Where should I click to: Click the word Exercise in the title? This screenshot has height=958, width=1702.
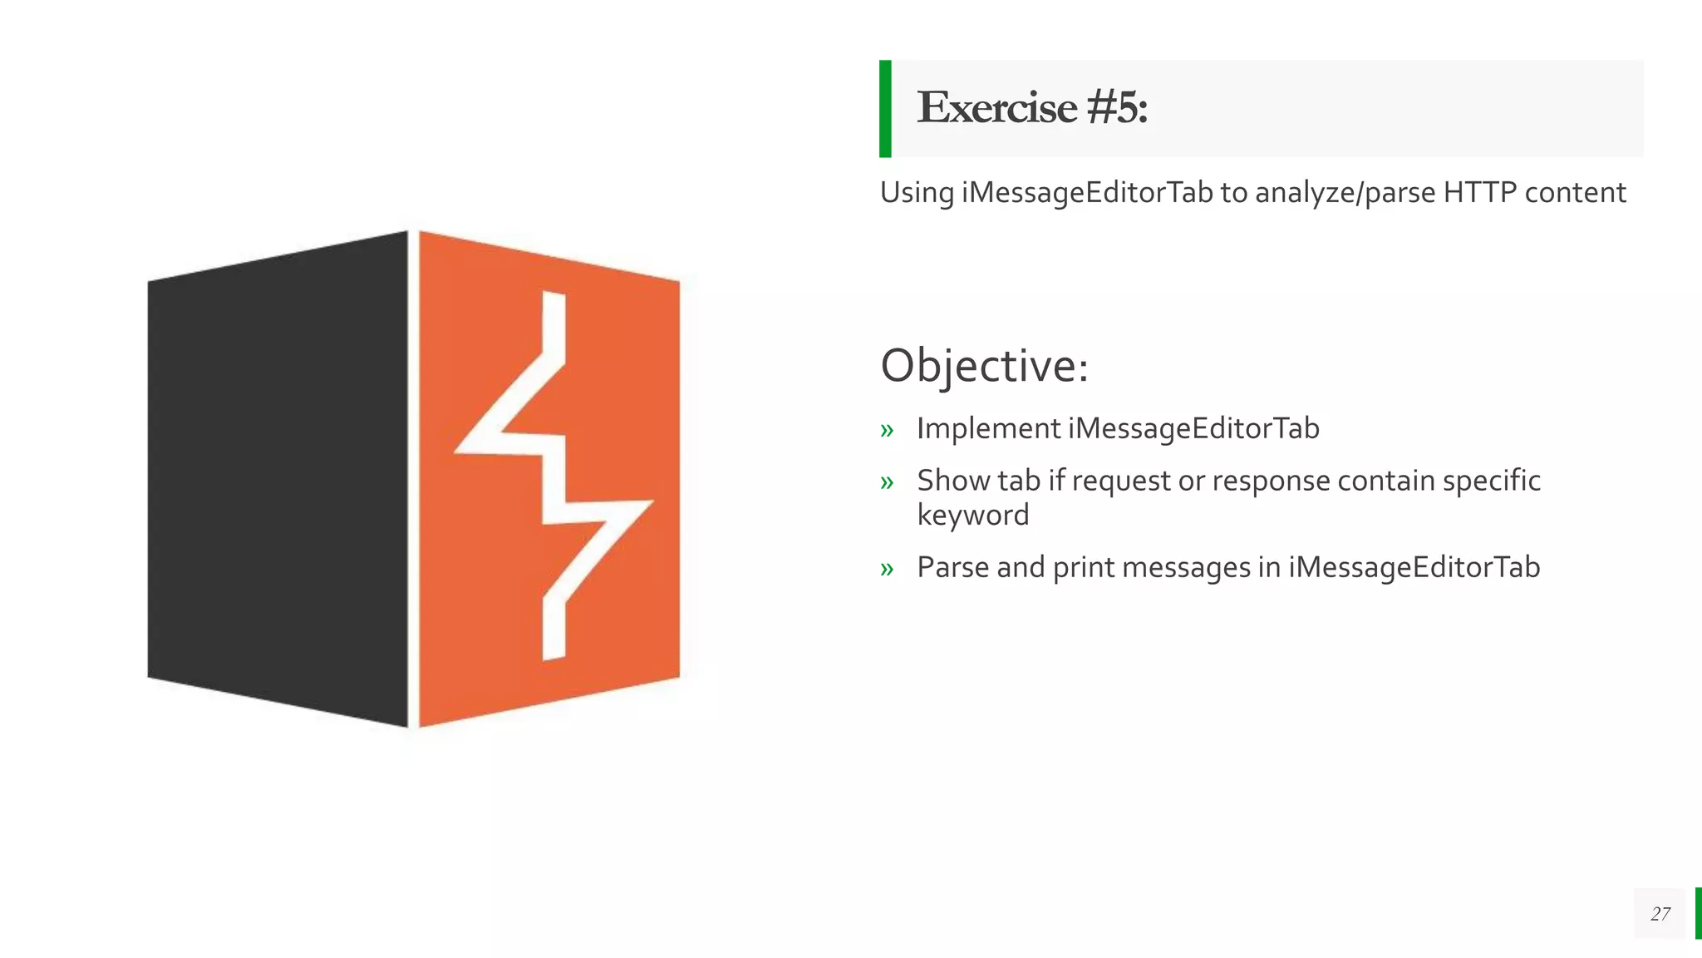[996, 108]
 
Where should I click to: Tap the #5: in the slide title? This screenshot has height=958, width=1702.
[1116, 108]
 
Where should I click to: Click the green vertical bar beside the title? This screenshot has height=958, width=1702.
[885, 109]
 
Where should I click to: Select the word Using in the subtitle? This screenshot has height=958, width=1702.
[917, 193]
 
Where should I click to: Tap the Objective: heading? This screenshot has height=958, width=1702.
[984, 366]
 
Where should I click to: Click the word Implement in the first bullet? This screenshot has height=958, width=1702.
[988, 429]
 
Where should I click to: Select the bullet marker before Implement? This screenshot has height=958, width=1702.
[887, 431]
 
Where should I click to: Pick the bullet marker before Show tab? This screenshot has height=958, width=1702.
[887, 482]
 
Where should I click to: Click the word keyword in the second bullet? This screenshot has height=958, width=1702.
[972, 516]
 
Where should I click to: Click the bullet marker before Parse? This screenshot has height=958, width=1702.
[887, 569]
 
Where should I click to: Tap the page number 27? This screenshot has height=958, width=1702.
[1660, 914]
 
